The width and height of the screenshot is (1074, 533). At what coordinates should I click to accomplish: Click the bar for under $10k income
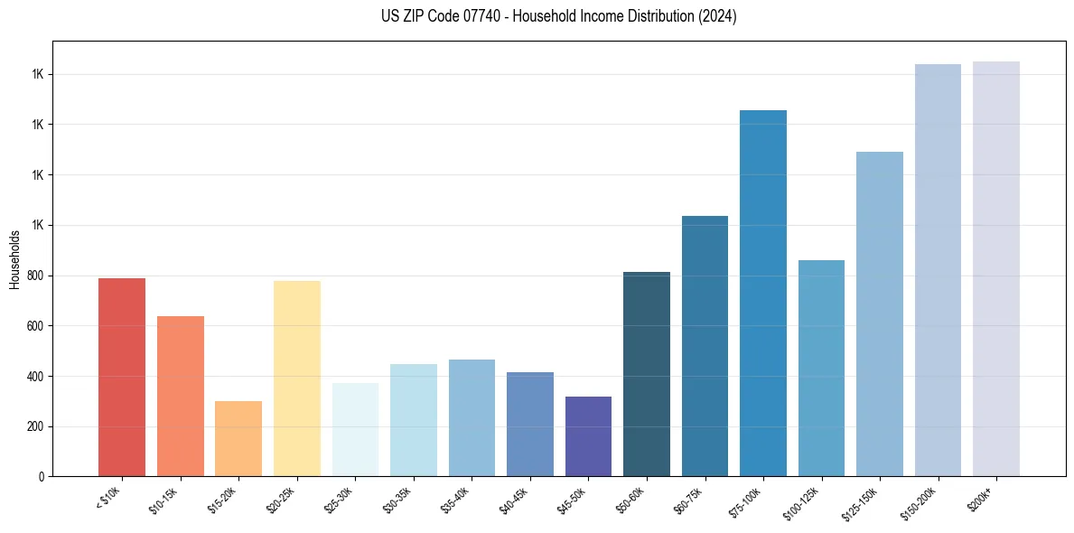pyautogui.click(x=121, y=377)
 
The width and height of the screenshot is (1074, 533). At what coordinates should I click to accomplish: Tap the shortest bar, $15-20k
pyautogui.click(x=238, y=438)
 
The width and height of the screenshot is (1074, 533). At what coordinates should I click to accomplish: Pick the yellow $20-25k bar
pyautogui.click(x=296, y=379)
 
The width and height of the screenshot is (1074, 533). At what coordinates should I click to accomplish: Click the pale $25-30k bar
pyautogui.click(x=355, y=429)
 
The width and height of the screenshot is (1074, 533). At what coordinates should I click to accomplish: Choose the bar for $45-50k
pyautogui.click(x=588, y=436)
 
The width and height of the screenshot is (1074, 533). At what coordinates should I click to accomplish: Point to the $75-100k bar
pyautogui.click(x=762, y=293)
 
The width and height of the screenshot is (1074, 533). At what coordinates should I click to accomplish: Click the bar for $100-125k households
pyautogui.click(x=821, y=368)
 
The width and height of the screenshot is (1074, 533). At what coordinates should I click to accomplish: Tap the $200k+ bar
pyautogui.click(x=995, y=268)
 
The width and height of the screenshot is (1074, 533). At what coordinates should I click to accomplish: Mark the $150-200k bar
pyautogui.click(x=938, y=270)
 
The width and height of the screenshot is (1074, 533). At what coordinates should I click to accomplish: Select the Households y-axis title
pyautogui.click(x=14, y=258)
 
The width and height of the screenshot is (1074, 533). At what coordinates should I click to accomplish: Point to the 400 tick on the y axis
pyautogui.click(x=36, y=376)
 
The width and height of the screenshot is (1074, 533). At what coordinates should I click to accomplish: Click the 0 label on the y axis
pyautogui.click(x=42, y=476)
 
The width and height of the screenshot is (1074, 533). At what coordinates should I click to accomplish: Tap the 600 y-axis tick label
pyautogui.click(x=36, y=326)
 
